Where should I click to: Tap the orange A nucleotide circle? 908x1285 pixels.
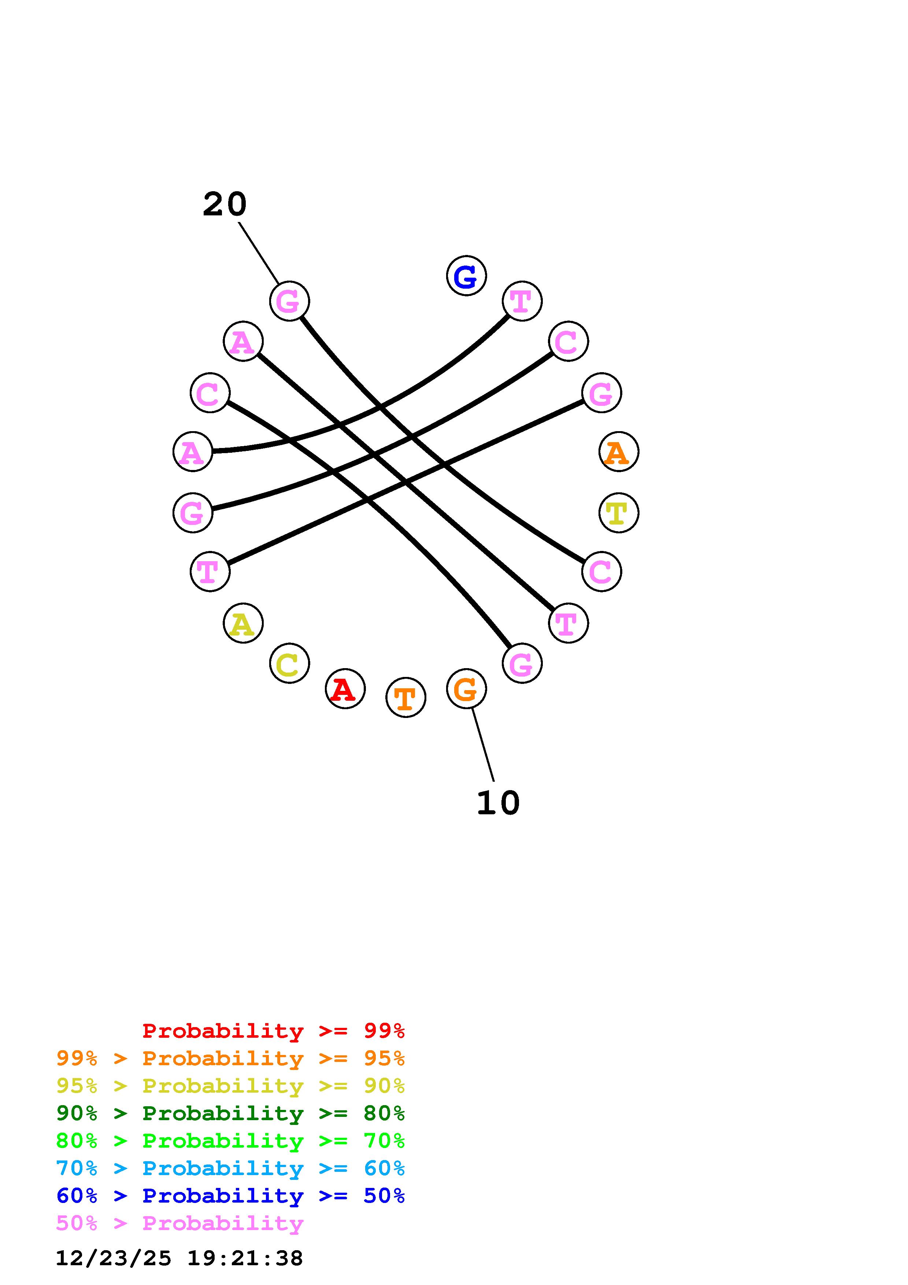[618, 452]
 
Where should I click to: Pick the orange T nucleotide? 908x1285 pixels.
[405, 697]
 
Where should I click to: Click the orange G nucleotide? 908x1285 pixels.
[466, 688]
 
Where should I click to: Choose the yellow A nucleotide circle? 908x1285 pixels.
[243, 623]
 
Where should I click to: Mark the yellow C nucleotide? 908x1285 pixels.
[289, 663]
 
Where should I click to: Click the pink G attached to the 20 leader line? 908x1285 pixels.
[289, 301]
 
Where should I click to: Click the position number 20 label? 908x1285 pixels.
[224, 204]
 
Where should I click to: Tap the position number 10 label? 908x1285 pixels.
[498, 803]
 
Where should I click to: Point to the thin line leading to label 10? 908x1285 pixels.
[483, 744]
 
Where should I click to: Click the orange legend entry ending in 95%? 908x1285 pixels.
[230, 1058]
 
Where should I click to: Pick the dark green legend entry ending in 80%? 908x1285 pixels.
[230, 1113]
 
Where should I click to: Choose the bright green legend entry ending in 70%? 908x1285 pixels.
[230, 1141]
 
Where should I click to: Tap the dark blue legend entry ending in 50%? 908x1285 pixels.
[230, 1196]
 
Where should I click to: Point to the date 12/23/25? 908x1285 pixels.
[113, 1258]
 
